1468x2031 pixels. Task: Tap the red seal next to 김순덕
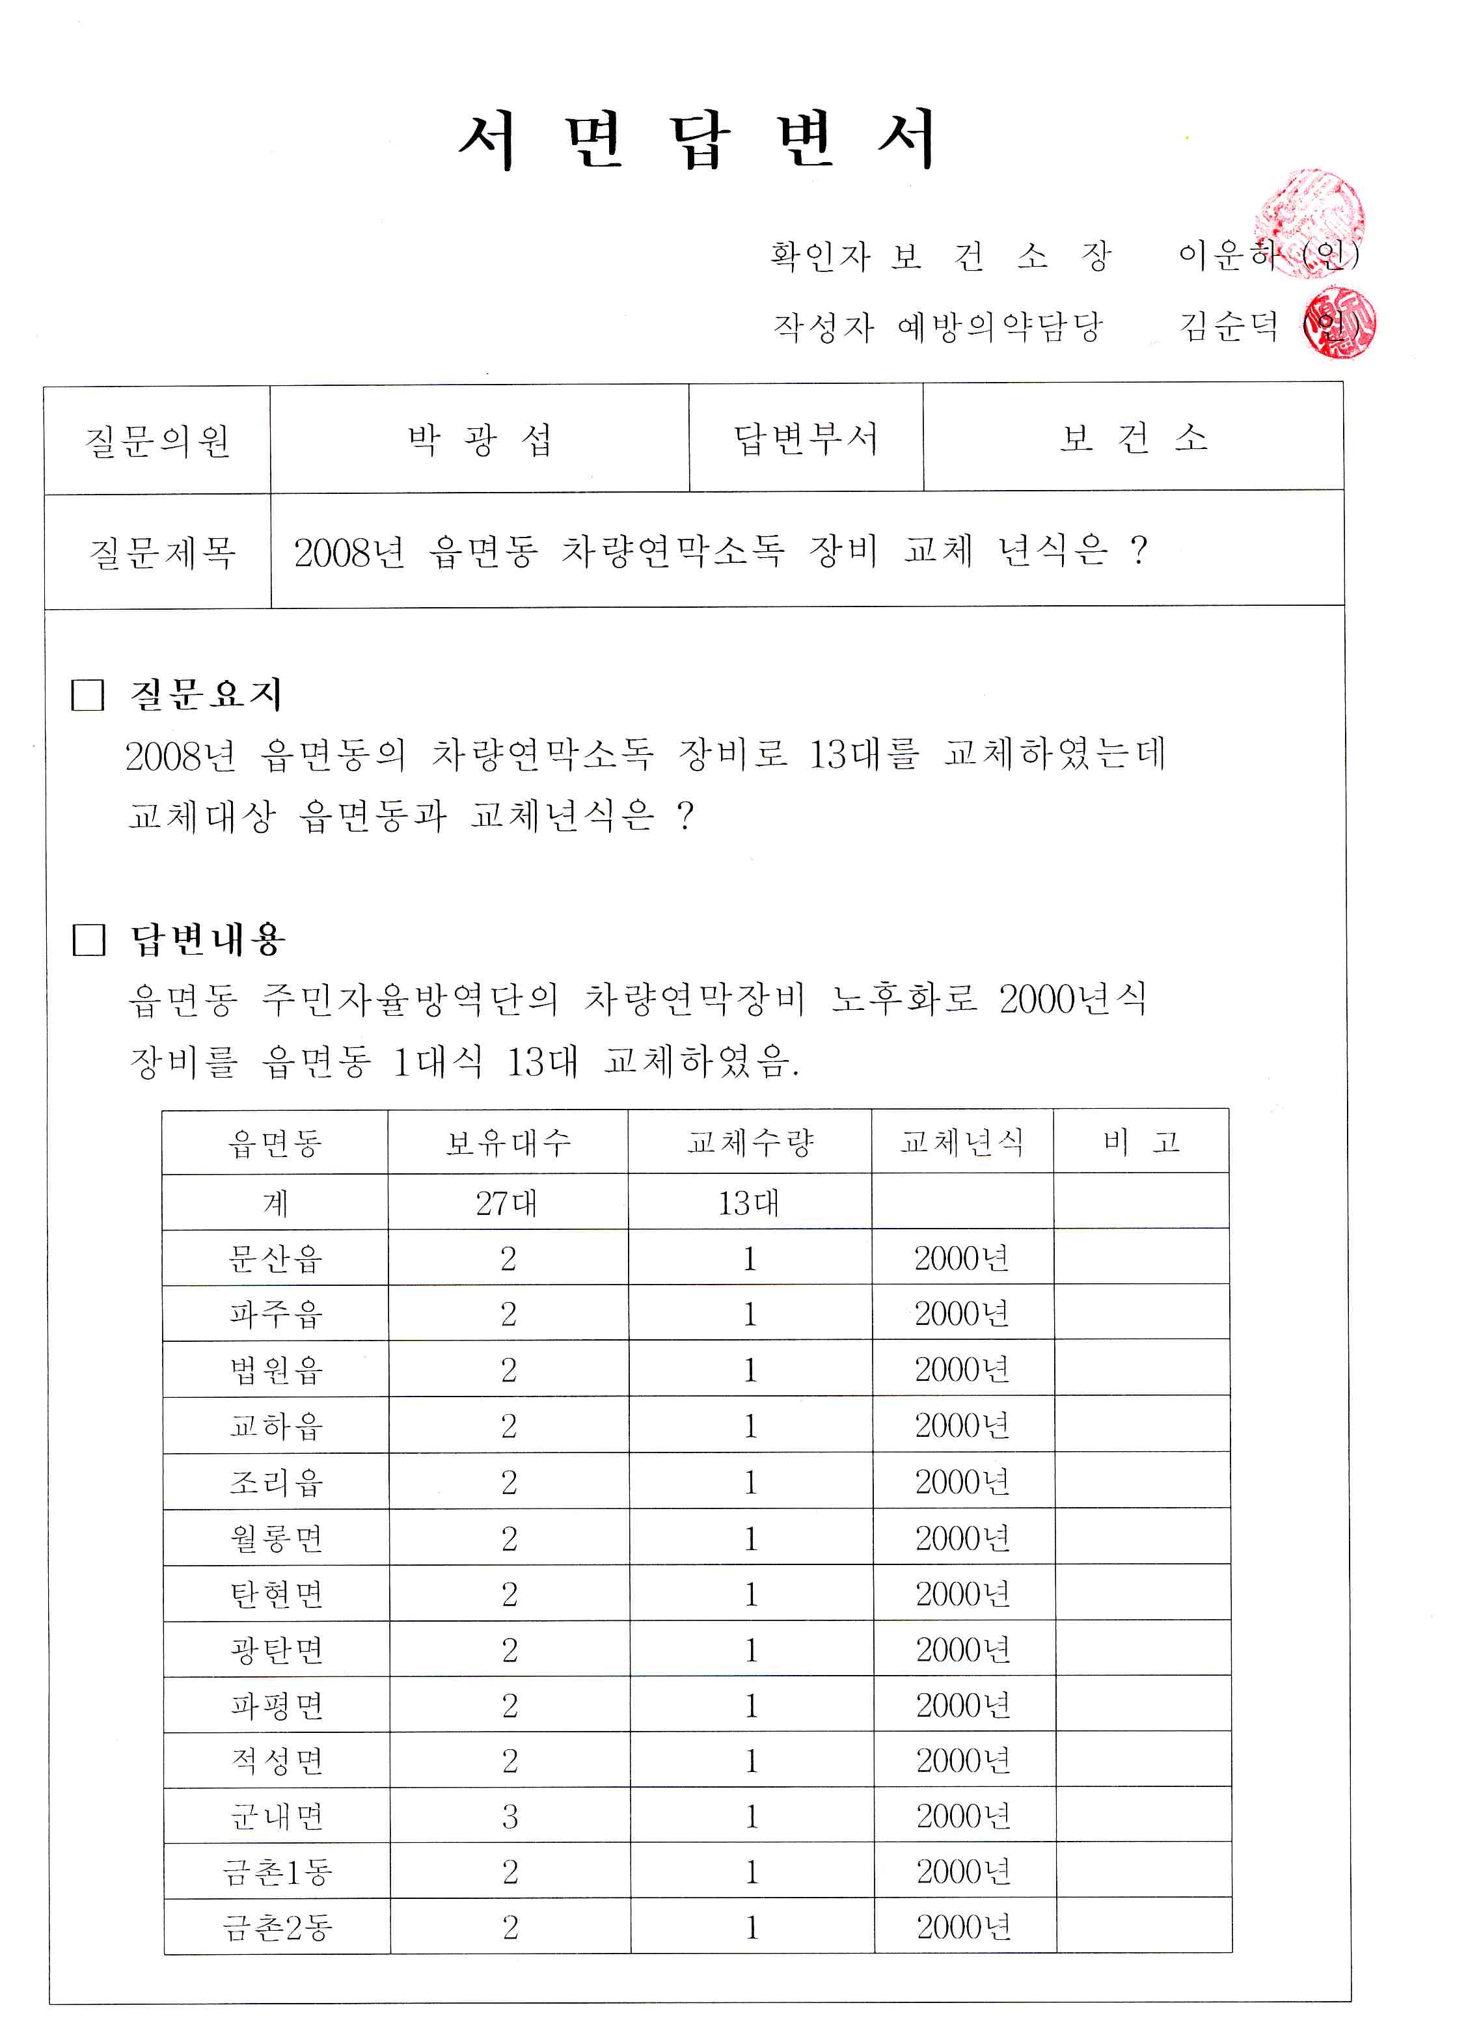pos(1340,324)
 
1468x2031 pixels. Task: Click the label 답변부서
pos(805,439)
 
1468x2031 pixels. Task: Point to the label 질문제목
pos(162,552)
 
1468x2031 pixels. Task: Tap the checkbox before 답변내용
pos(88,940)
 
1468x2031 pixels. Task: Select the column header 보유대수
pos(508,1142)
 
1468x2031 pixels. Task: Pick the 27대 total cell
pos(507,1203)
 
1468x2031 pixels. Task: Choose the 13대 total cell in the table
pos(749,1203)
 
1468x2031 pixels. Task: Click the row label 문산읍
pos(275,1258)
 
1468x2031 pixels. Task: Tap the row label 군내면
pos(277,1816)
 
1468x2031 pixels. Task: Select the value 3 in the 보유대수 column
pos(510,1816)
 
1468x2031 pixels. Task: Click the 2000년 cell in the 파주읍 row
pos(962,1314)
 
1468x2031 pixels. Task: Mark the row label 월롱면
pos(276,1538)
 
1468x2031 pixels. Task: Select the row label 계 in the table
pos(275,1203)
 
